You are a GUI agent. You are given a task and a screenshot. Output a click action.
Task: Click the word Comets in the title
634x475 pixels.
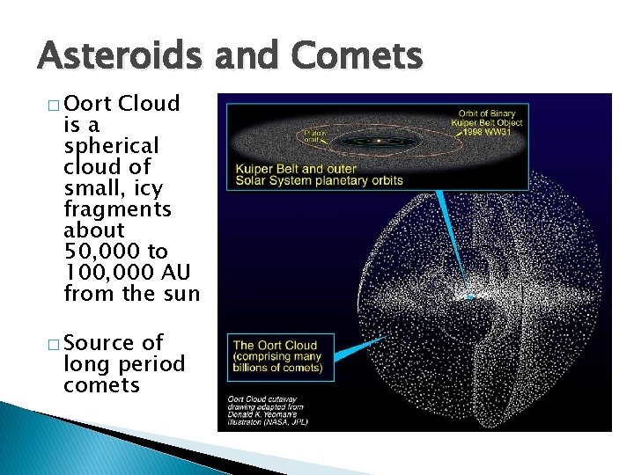point(358,57)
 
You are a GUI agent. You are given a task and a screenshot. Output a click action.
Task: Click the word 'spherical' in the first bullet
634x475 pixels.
point(111,145)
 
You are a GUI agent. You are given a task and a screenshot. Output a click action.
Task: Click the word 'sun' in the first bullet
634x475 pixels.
point(181,293)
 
